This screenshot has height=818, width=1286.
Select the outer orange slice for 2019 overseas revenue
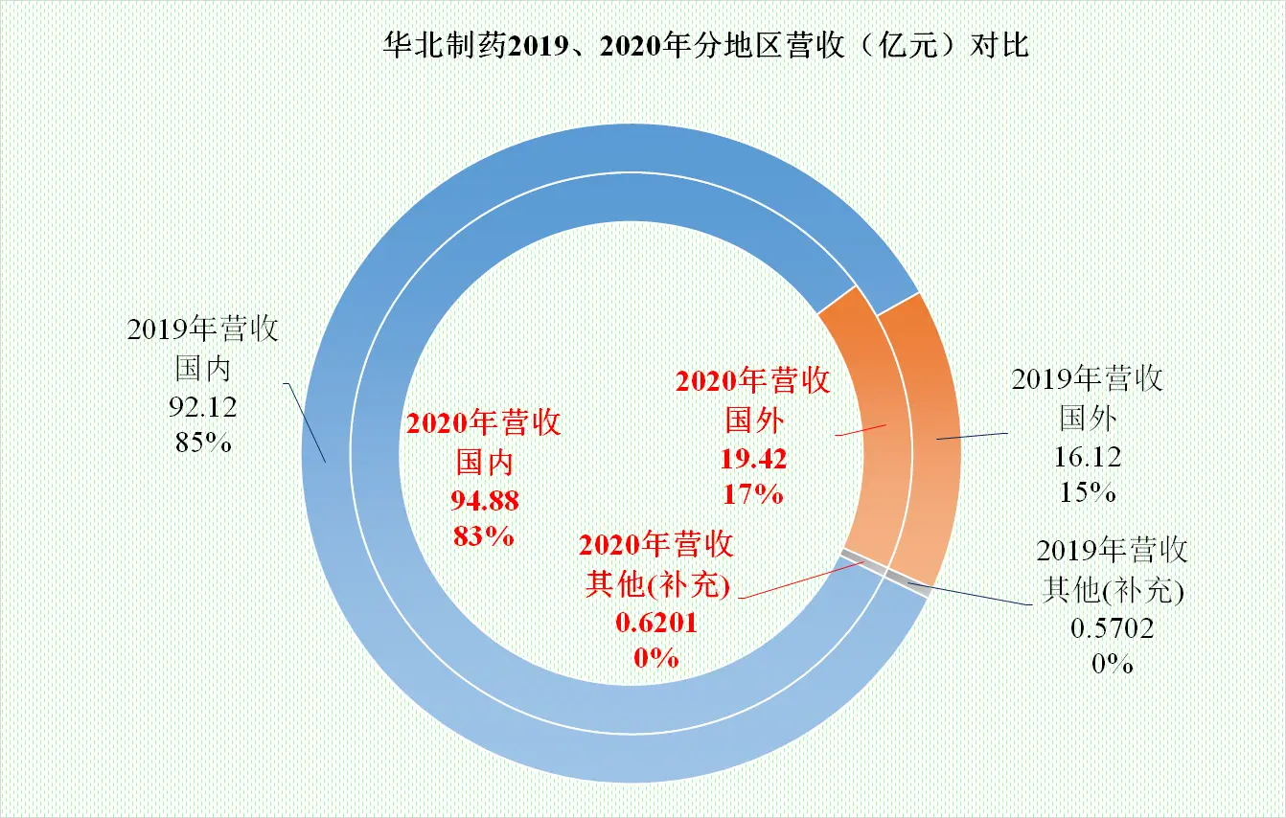tap(924, 431)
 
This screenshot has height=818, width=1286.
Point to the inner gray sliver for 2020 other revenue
tap(859, 561)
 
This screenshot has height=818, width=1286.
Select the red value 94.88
tap(484, 499)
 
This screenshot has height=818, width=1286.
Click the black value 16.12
tap(1088, 456)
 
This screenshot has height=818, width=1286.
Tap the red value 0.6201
tap(656, 623)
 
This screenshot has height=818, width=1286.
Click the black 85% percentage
tap(202, 443)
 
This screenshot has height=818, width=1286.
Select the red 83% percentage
tap(484, 534)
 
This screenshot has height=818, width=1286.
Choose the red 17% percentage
tap(753, 494)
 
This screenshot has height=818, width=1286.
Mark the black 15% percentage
tap(1088, 492)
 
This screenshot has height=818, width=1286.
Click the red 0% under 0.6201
tap(656, 658)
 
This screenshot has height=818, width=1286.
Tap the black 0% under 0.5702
tap(1113, 663)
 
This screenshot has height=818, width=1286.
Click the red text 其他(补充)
tap(656, 585)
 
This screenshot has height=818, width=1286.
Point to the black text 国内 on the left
tap(202, 369)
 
